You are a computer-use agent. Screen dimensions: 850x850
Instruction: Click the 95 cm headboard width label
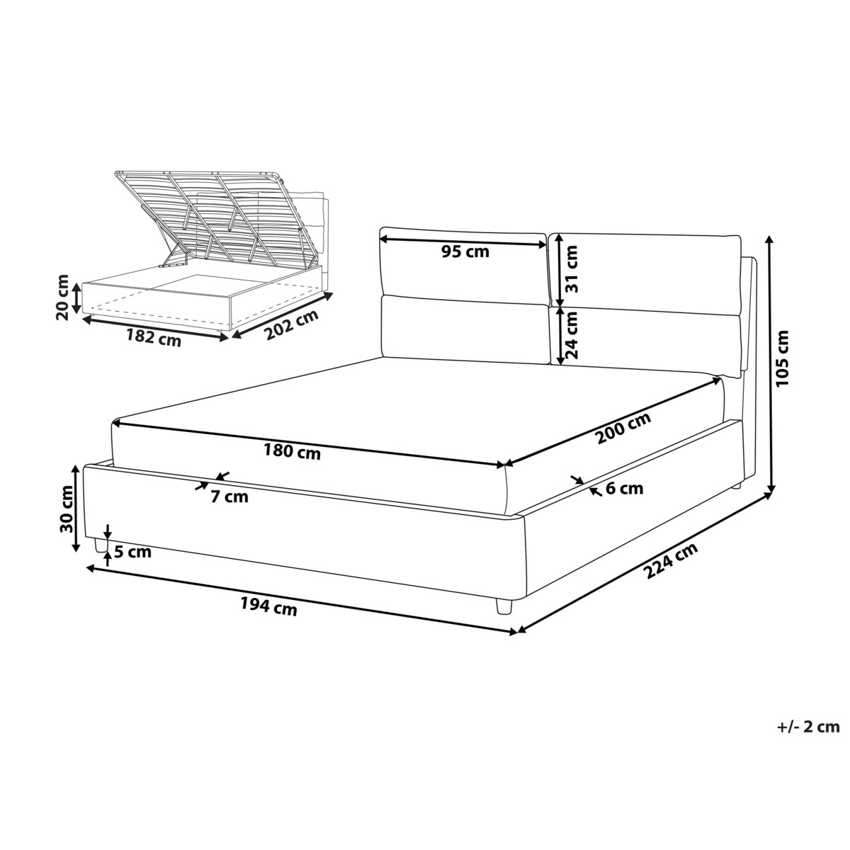465,251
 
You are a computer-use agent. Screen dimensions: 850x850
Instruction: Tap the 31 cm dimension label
571,269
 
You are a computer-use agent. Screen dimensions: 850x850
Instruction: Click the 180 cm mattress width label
292,451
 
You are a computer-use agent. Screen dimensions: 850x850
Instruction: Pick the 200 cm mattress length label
623,428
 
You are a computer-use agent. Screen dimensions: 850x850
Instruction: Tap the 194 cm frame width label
268,606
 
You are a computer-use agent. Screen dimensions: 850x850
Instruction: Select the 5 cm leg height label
132,552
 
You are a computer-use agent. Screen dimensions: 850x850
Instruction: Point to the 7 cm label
229,497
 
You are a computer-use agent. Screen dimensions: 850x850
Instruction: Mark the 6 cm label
624,488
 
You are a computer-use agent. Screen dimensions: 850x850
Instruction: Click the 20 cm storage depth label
62,297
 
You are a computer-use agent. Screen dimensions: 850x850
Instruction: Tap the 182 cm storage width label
154,338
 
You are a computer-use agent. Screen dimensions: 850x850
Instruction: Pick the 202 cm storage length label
292,326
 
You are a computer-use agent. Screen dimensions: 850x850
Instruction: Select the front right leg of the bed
504,606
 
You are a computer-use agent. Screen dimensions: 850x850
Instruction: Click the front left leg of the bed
101,546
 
